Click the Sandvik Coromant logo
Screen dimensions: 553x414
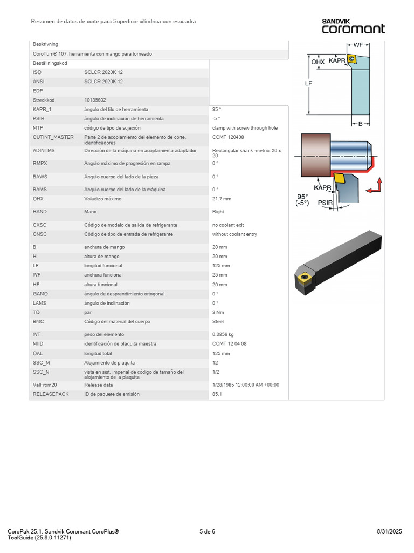coord(353,26)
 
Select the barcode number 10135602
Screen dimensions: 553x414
coord(95,100)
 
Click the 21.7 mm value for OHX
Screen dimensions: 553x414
coord(222,199)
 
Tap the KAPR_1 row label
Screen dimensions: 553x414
coord(43,109)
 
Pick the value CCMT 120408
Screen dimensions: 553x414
coord(228,137)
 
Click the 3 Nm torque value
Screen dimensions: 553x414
coord(218,312)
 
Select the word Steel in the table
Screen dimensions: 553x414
coord(218,321)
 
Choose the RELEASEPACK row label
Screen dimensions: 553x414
coord(49,394)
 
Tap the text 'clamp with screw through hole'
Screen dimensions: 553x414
coord(245,128)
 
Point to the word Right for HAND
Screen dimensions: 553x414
coord(218,212)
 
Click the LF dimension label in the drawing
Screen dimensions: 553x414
coord(308,84)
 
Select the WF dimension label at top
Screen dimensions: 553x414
coord(358,44)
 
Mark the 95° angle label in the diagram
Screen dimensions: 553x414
coord(302,196)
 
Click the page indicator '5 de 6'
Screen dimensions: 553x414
coord(207,531)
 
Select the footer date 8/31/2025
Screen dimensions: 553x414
coord(390,531)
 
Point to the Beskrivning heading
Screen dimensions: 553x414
coord(45,44)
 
